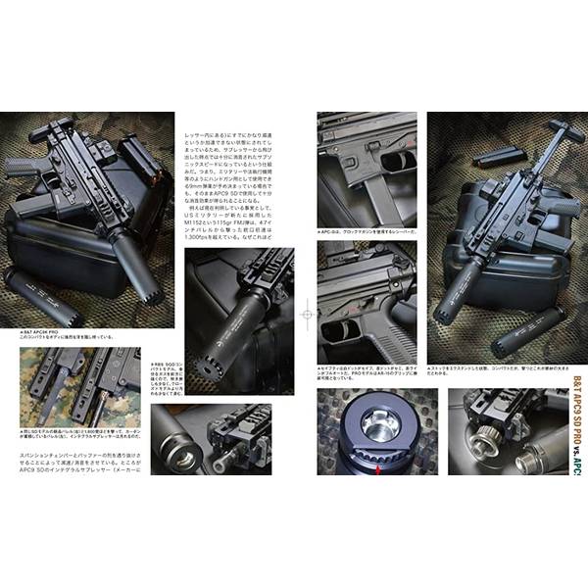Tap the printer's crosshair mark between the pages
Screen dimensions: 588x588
307,316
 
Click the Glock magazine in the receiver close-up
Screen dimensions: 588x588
377,196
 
